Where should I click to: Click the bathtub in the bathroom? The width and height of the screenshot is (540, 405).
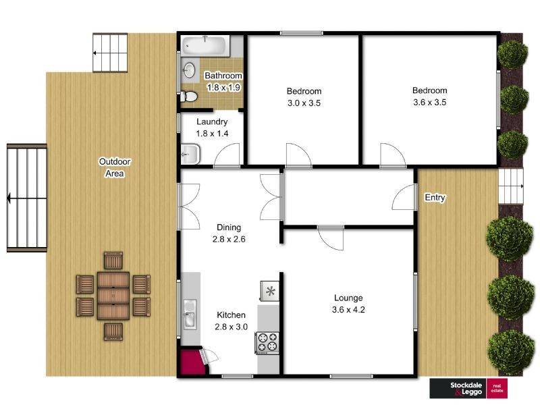click(x=206, y=46)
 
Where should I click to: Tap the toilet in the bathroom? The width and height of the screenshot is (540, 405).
click(x=189, y=97)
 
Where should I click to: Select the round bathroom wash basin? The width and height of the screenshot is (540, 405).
click(x=189, y=71)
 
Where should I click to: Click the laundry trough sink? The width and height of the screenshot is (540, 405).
click(x=190, y=154)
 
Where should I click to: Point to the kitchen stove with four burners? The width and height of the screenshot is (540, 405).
click(x=267, y=342)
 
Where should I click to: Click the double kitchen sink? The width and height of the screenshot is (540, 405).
click(x=190, y=314)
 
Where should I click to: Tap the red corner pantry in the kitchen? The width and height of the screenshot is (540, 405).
click(x=193, y=362)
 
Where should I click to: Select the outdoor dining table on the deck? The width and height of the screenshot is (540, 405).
click(x=113, y=296)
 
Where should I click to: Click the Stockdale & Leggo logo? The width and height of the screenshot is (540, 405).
click(x=468, y=389)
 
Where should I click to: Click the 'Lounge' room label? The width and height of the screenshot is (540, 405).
click(x=348, y=298)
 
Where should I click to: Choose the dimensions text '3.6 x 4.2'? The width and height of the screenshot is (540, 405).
click(x=348, y=310)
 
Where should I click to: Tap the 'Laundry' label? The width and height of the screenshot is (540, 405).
click(x=212, y=122)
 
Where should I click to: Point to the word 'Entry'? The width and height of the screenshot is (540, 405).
click(x=435, y=197)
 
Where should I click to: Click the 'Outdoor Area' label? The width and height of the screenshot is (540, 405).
click(x=114, y=167)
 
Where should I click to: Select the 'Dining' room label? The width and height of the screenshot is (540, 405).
click(x=229, y=227)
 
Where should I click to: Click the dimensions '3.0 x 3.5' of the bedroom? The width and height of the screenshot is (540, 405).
click(x=304, y=103)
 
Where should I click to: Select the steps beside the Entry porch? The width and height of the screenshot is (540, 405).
click(x=511, y=186)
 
